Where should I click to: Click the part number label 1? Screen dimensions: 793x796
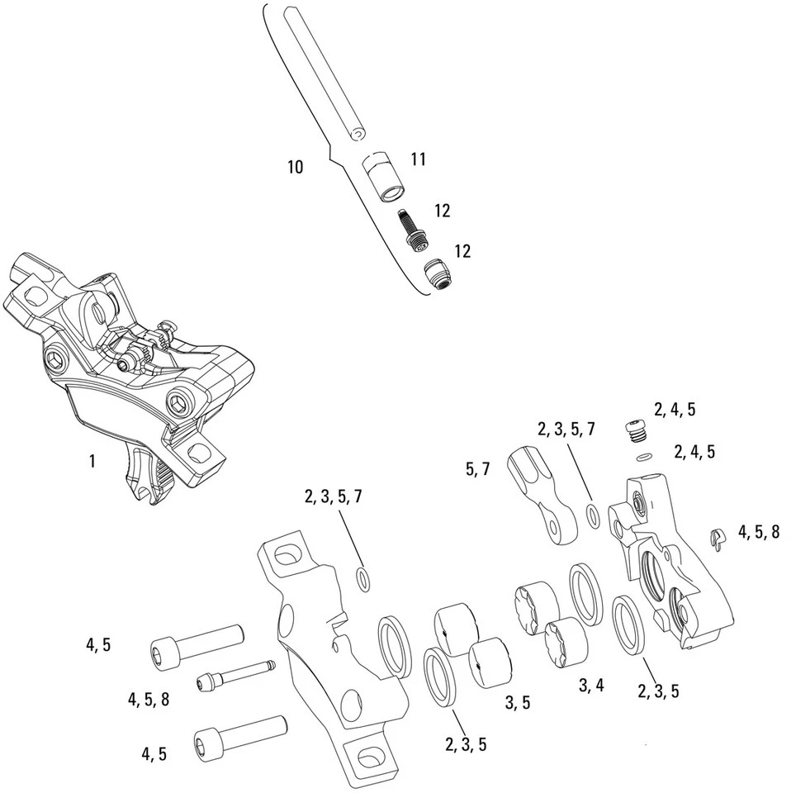92,461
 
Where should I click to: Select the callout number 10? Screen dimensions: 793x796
295,168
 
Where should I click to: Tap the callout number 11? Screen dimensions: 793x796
419,159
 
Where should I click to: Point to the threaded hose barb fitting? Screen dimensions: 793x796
412,228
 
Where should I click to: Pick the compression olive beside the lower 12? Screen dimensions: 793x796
438,273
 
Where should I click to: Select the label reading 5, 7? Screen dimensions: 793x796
478,469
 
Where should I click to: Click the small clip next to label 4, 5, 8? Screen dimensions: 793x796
716,539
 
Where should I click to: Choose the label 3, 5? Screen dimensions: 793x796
517,702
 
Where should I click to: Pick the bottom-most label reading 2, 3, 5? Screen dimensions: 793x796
466,744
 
